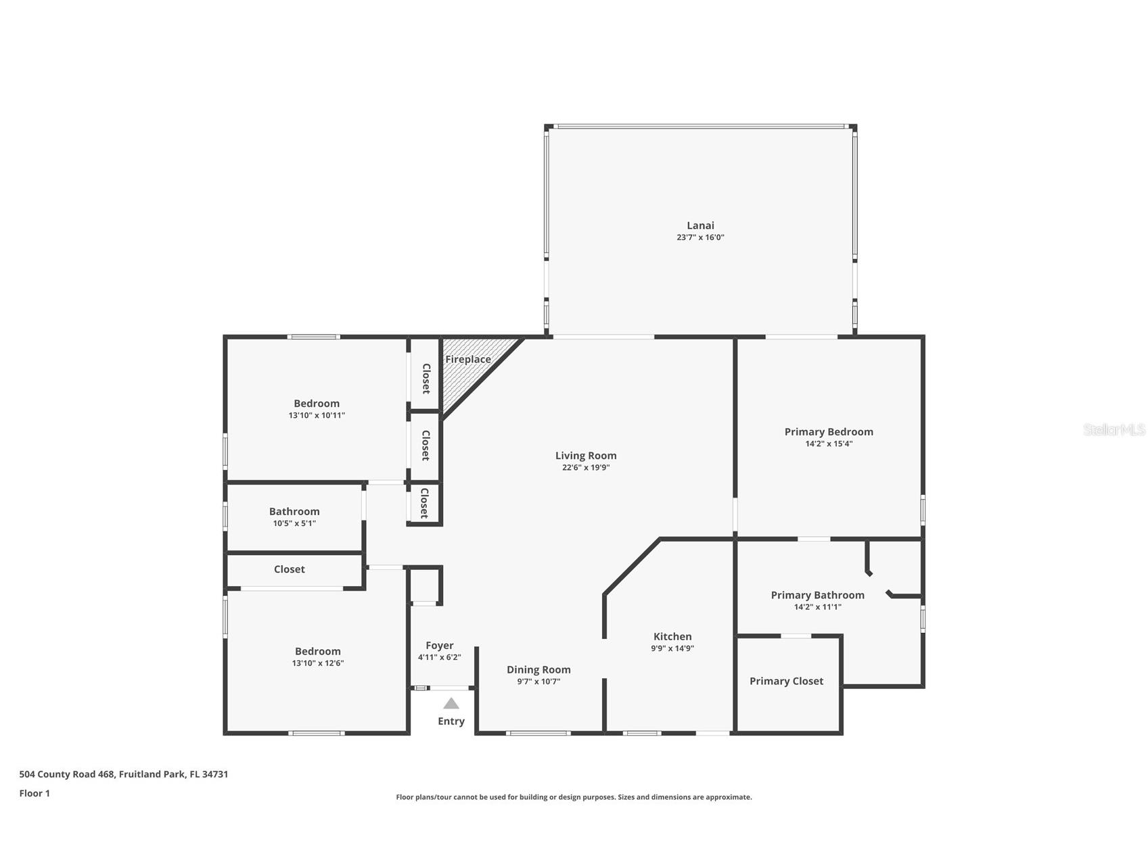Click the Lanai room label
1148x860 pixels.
click(x=700, y=225)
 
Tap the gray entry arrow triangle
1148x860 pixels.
click(x=451, y=704)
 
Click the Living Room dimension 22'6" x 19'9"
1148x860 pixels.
click(x=586, y=467)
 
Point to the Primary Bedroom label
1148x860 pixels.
click(x=829, y=431)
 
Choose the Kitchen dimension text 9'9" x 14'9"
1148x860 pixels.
click(x=672, y=648)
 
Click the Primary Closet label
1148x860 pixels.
click(x=786, y=681)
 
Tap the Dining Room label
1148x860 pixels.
click(x=538, y=669)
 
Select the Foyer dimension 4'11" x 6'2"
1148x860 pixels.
click(x=440, y=657)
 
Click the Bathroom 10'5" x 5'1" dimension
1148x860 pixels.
click(x=294, y=523)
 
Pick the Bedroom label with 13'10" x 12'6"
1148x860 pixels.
click(x=317, y=651)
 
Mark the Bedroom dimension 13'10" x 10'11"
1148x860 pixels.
click(x=317, y=415)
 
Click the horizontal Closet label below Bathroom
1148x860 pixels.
click(x=289, y=569)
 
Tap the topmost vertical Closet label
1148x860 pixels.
click(x=426, y=379)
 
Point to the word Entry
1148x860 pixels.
click(x=451, y=721)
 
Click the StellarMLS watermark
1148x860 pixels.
click(x=1113, y=429)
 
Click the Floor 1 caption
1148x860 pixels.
click(x=35, y=793)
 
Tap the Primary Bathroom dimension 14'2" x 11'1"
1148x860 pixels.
click(x=817, y=607)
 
